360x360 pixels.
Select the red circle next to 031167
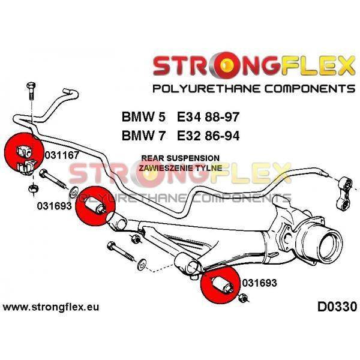[x=22, y=152]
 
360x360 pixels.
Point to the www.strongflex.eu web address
[x=51, y=308]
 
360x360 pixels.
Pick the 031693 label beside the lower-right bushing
[x=260, y=281]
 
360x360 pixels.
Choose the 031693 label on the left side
[x=54, y=205]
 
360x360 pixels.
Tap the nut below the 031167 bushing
[x=32, y=189]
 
